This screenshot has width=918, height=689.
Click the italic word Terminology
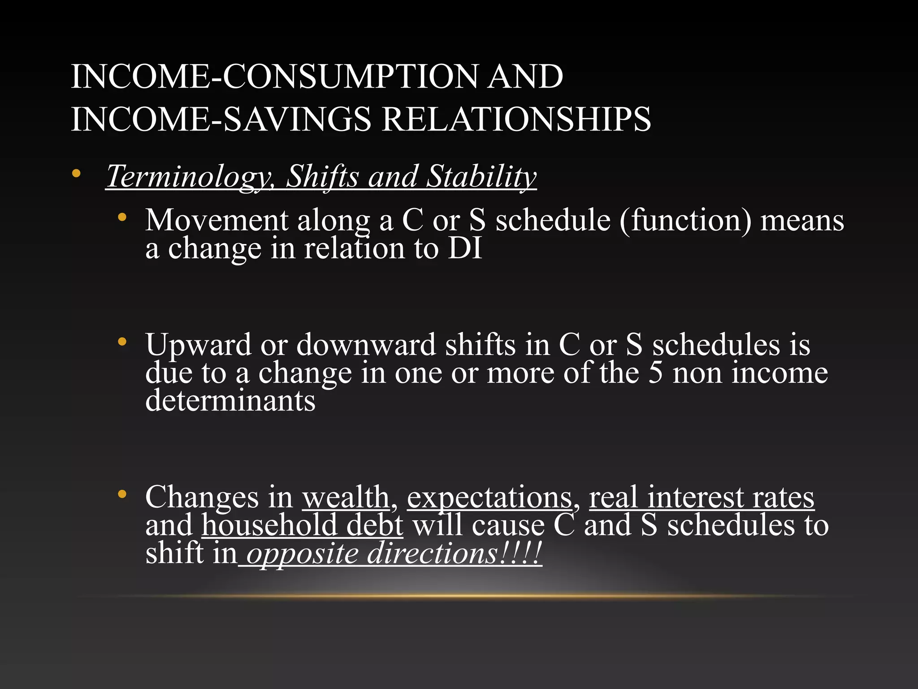[188, 176]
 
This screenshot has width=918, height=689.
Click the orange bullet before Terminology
[76, 173]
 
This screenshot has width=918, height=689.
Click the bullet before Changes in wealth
[121, 495]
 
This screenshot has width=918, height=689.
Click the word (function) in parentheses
[685, 220]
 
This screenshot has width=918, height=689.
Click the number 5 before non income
[655, 372]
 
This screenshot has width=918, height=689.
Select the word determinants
[230, 400]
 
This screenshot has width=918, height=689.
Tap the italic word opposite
[303, 554]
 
